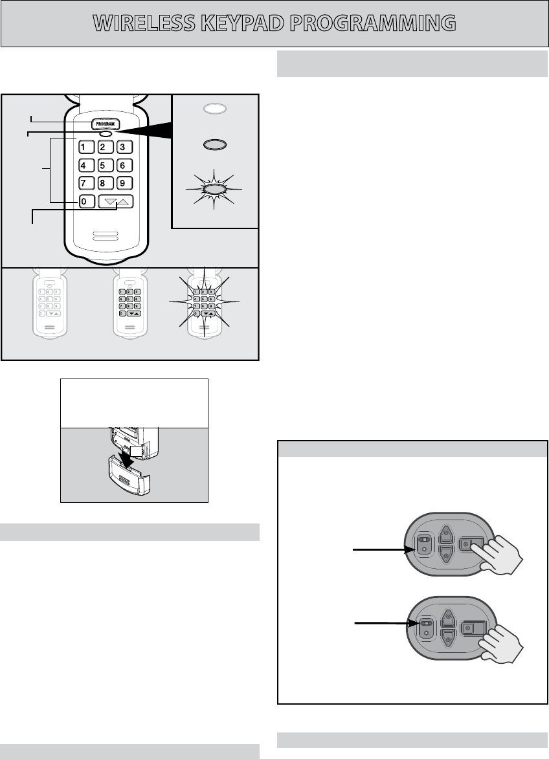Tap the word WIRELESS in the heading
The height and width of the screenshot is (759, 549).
pyautogui.click(x=146, y=23)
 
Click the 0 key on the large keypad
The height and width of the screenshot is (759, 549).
pyautogui.click(x=84, y=201)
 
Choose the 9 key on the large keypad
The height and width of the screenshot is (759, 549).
pyautogui.click(x=126, y=182)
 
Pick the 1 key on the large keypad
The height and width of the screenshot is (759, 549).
pyautogui.click(x=84, y=146)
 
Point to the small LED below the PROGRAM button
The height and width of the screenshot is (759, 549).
pyautogui.click(x=105, y=134)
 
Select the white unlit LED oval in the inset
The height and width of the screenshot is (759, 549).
pyautogui.click(x=215, y=109)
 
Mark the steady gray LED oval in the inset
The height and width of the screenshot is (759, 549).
pyautogui.click(x=215, y=144)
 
